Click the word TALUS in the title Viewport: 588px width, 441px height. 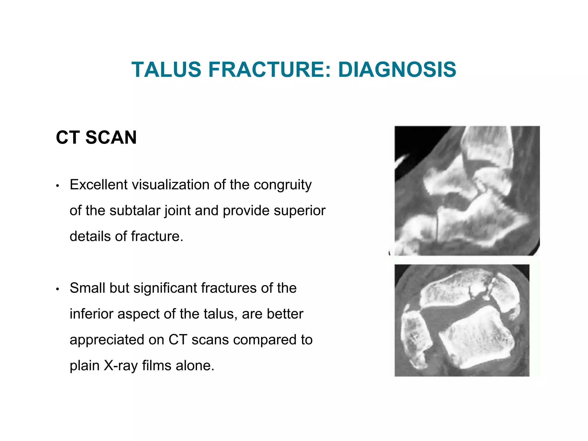(x=166, y=70)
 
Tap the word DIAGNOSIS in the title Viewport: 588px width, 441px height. (x=397, y=70)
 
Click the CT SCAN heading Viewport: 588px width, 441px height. (x=96, y=137)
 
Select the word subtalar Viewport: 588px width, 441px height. (x=135, y=210)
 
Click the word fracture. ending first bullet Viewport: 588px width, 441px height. (x=157, y=236)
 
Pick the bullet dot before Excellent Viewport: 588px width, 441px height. (x=57, y=186)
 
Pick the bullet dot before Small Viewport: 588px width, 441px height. (x=57, y=289)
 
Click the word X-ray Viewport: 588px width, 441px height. (x=121, y=366)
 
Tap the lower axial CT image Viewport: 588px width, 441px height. (x=461, y=320)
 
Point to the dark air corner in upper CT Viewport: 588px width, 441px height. (x=413, y=141)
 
